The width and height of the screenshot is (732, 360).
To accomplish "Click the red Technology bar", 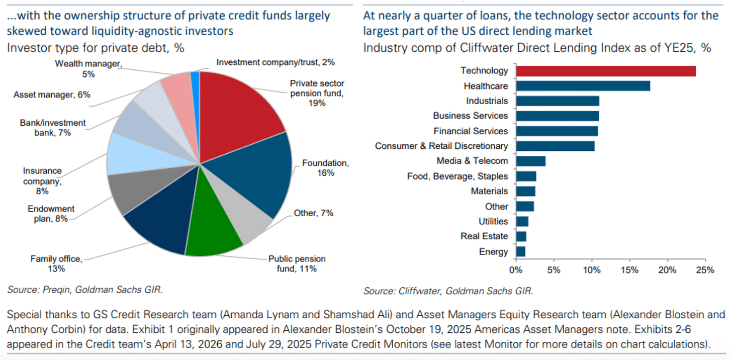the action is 606,71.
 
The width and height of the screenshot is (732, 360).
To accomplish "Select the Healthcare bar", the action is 583,86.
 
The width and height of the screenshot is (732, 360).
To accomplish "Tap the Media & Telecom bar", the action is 531,161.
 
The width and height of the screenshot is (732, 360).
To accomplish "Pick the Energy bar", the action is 520,251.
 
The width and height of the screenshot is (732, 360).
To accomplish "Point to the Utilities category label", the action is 493,222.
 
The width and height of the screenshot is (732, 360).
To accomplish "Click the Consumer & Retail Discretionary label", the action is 441,146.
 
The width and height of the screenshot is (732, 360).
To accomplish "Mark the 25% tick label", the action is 705,270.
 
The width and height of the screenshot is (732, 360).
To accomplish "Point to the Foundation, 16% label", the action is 325,168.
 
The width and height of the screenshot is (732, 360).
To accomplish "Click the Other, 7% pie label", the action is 313,213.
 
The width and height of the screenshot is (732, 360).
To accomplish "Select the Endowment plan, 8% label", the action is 51,214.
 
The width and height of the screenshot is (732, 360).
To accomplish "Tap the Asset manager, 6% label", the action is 52,95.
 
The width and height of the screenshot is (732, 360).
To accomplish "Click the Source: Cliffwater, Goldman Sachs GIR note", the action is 448,291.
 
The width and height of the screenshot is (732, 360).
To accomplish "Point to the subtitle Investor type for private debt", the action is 96,48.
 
